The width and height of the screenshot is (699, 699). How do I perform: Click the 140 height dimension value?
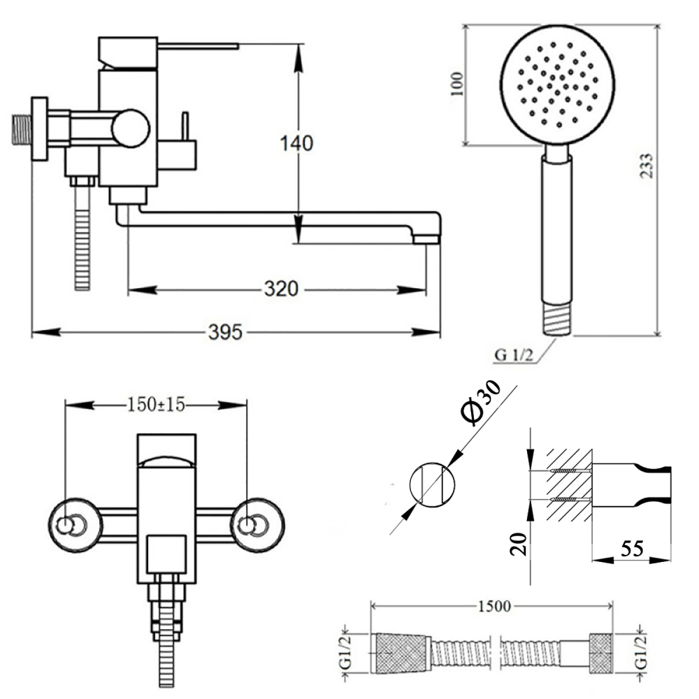[x=297, y=144]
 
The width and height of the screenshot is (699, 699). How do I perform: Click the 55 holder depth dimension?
[x=632, y=549]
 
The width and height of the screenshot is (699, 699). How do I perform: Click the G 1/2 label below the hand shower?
[x=514, y=355]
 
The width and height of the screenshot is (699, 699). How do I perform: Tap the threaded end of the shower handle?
[x=558, y=318]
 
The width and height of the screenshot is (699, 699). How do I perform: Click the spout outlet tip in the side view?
[x=424, y=239]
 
